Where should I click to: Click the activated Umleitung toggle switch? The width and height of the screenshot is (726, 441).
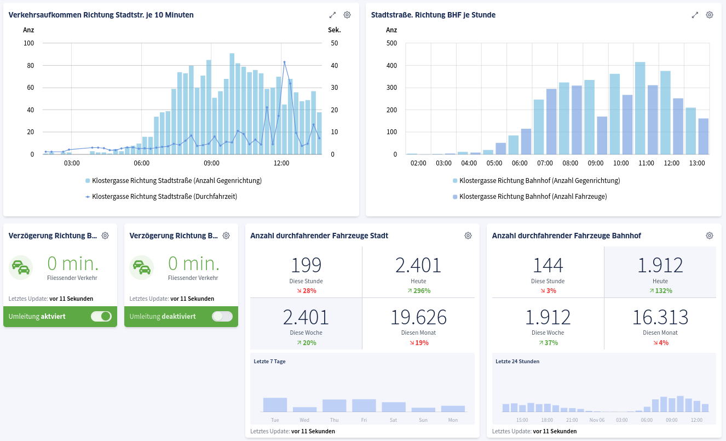[101, 316]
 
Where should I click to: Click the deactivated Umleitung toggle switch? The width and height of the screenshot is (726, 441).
[222, 316]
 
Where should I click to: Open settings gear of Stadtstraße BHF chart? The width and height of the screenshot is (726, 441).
[709, 15]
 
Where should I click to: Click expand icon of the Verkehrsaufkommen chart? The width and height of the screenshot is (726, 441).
[332, 15]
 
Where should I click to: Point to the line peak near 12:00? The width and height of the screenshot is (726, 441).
[284, 62]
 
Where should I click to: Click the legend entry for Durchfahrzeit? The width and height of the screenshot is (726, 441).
[164, 196]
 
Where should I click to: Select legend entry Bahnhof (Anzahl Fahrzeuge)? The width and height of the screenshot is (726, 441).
[533, 196]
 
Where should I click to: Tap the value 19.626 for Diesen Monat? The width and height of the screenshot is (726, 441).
[418, 317]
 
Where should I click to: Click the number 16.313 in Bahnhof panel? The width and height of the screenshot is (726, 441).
[660, 317]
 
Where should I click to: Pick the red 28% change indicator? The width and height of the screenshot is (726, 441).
[306, 290]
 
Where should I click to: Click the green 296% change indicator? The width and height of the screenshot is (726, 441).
[418, 290]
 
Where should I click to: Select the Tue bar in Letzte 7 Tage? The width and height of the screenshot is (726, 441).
[275, 405]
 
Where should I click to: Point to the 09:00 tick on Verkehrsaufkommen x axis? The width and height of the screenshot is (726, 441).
[211, 163]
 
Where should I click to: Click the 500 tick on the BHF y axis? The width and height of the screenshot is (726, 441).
[391, 43]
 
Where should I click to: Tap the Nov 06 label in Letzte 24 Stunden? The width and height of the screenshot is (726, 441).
[597, 420]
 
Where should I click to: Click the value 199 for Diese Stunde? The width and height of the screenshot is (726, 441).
[306, 265]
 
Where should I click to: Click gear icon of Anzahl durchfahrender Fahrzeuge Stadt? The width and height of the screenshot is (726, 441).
[468, 236]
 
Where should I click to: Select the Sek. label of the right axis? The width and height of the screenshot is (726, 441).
[334, 30]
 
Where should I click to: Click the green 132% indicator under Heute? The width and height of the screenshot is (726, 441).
[660, 290]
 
